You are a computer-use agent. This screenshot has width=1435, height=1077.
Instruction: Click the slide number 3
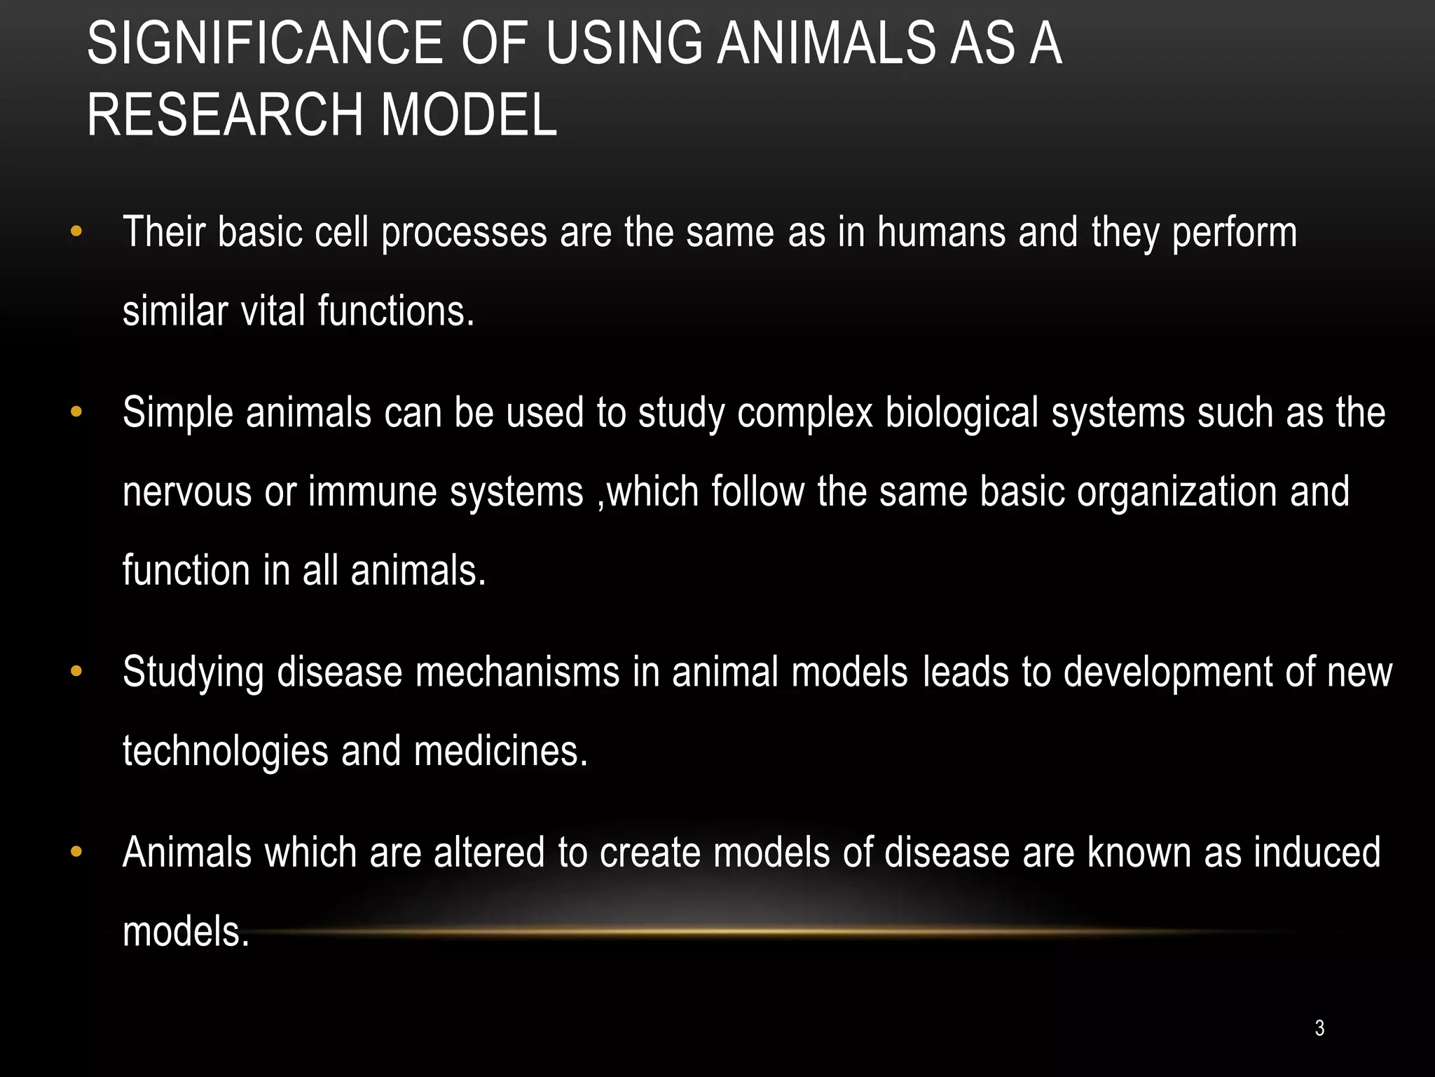(1319, 1028)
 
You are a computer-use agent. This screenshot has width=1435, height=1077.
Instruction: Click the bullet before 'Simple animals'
(76, 412)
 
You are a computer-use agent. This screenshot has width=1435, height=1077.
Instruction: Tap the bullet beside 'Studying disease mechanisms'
(76, 672)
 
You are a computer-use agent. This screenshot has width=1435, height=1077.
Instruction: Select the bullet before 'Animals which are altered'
(76, 852)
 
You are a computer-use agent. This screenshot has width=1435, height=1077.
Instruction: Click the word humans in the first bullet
(941, 232)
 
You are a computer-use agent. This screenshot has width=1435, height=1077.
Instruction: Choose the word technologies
(225, 752)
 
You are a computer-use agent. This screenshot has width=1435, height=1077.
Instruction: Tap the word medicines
(500, 750)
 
